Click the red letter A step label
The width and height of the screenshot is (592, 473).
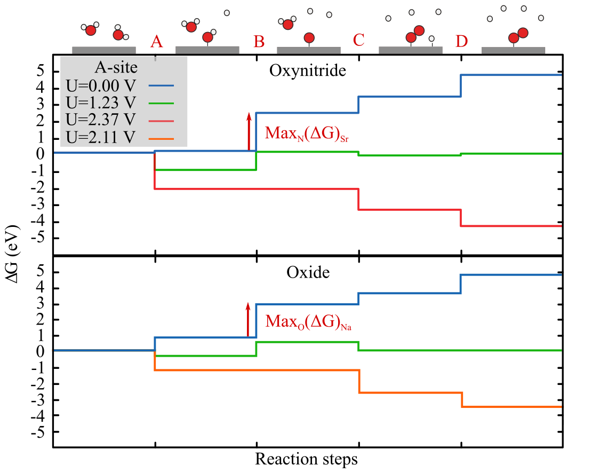point(156,41)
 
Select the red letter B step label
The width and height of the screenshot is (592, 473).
point(259,41)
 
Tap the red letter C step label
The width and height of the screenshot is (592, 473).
point(359,40)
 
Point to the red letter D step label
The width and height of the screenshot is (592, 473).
point(462,41)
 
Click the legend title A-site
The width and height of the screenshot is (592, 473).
point(116,67)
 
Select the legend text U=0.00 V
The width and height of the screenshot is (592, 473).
point(101,85)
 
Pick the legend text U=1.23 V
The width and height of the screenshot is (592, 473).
point(101,103)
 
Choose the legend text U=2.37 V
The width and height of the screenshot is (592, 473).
point(101,120)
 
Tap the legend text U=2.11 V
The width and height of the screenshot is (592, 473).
point(101,137)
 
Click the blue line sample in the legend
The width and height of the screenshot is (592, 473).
point(161,85)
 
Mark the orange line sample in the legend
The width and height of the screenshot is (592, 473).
point(161,138)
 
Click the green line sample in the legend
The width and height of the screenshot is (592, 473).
point(161,103)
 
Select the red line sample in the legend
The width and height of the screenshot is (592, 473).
point(161,121)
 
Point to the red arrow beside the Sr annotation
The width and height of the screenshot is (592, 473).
point(249,131)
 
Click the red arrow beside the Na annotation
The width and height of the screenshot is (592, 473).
point(248,319)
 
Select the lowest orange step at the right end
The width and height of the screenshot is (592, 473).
point(512,407)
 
